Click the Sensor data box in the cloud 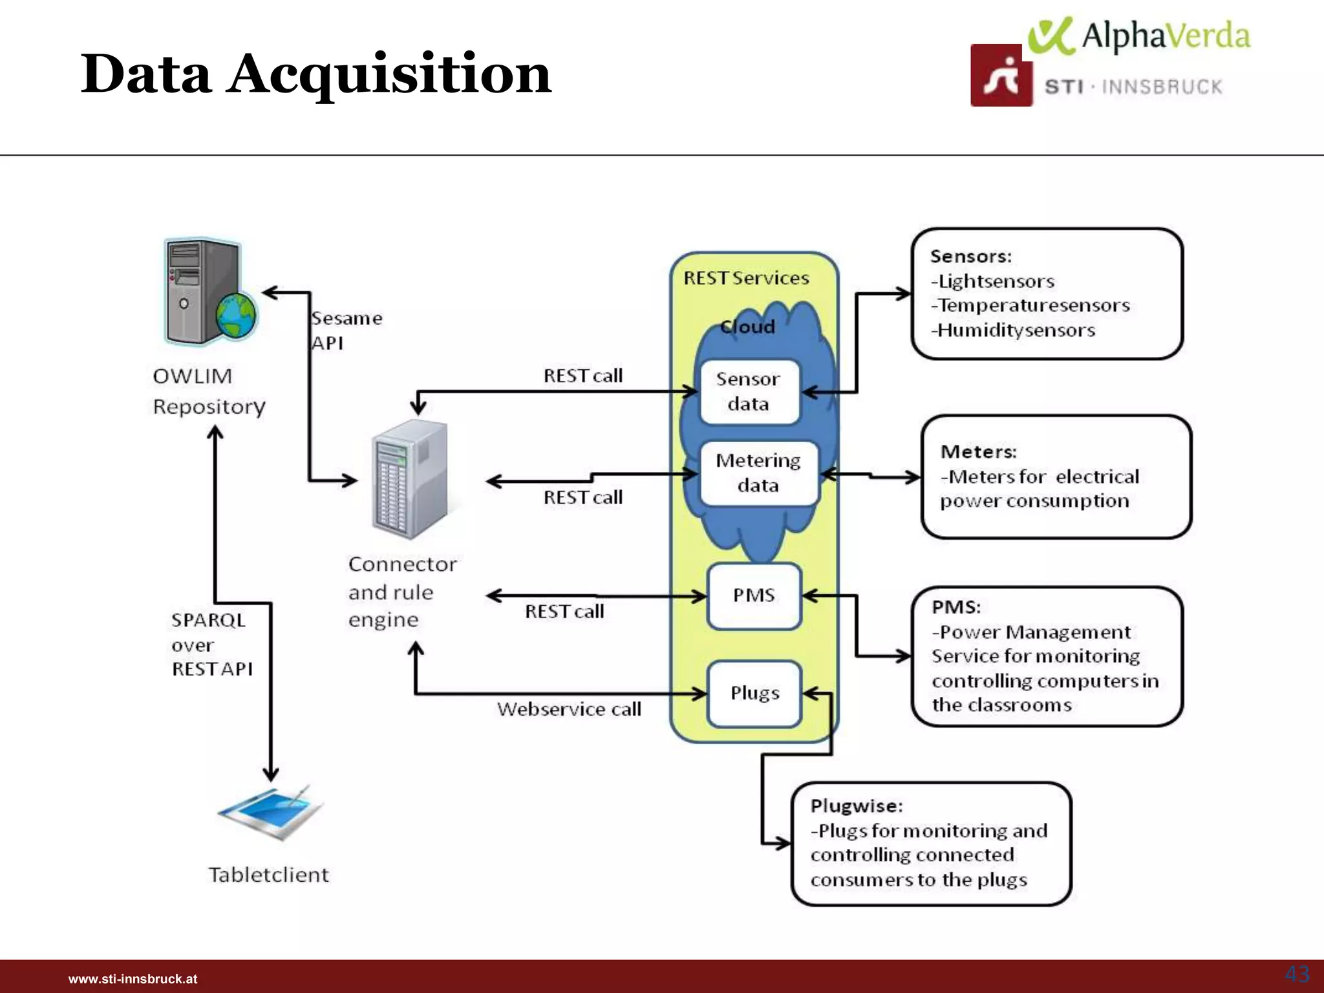pos(749,392)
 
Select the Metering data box pos(758,473)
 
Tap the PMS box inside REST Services pos(754,595)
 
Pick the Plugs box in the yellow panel pos(754,694)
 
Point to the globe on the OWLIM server pos(235,316)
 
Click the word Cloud pos(748,327)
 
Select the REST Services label pos(746,279)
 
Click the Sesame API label pos(347,330)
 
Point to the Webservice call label pos(569,710)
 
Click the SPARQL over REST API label pos(211,645)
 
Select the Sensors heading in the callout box pos(970,257)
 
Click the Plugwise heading pos(857,806)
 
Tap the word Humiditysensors pos(1016,330)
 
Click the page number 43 pos(1296,974)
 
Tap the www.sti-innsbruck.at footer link pos(133,979)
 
